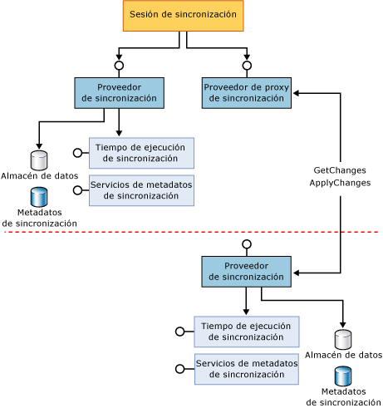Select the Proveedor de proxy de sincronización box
(246, 93)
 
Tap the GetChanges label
(340, 170)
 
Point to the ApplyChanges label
(340, 182)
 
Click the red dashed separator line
(191, 232)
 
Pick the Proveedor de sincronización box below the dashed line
(246, 271)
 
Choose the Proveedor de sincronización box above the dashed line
(119, 93)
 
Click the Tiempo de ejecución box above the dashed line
(141, 153)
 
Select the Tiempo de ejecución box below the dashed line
(246, 332)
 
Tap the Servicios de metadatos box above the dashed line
(141, 189)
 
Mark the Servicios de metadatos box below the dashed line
(246, 369)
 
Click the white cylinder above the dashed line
(39, 160)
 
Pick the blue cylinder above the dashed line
(39, 197)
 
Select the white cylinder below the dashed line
(343, 339)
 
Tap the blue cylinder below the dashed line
(343, 376)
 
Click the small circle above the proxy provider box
(247, 65)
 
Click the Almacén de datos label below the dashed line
(343, 355)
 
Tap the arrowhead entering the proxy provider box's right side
(295, 93)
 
